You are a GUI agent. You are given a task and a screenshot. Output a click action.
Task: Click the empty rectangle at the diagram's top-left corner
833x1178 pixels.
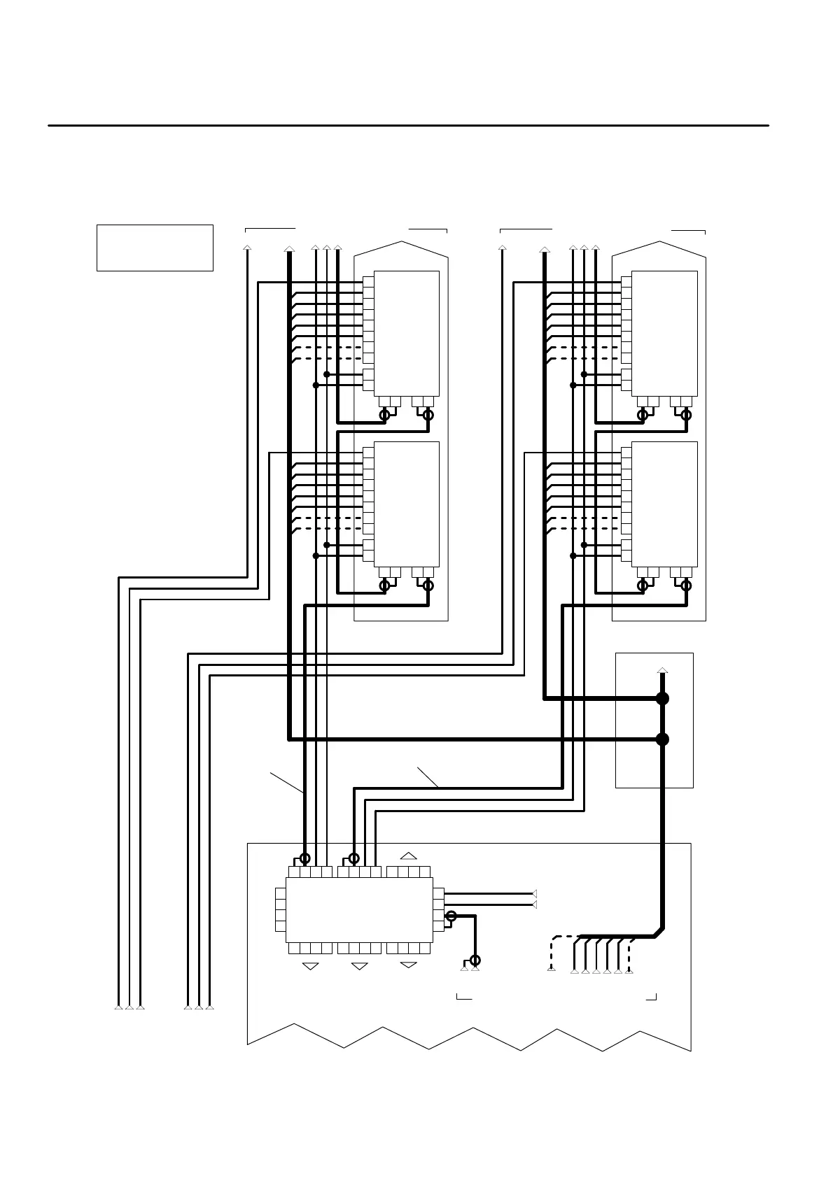coord(155,248)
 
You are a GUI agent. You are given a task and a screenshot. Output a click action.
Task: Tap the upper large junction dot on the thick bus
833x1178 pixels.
coord(662,698)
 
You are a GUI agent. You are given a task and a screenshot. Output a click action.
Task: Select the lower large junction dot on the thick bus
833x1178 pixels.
coord(662,739)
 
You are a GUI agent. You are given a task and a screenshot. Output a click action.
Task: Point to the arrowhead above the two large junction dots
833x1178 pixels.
coord(662,671)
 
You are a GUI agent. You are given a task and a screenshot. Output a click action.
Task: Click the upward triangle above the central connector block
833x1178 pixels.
coord(409,855)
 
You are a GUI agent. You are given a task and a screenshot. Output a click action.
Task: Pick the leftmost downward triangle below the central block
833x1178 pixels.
coord(310,966)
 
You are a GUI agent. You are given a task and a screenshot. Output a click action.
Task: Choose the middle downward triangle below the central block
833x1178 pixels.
coord(359,966)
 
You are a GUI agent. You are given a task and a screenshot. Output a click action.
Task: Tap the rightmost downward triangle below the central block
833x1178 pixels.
coord(408,966)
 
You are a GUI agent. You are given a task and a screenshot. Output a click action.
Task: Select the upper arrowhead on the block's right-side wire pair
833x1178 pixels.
coord(534,893)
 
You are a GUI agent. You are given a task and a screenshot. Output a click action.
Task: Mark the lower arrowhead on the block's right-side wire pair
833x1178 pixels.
coord(534,904)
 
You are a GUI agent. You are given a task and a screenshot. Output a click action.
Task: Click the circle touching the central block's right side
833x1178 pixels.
coord(451,916)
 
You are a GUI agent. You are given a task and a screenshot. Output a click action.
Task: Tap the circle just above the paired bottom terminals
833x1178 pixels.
coord(475,960)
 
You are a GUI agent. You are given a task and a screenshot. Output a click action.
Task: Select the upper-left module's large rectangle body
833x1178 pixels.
coord(407,333)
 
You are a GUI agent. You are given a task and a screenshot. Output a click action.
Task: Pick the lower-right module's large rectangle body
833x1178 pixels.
coord(664,504)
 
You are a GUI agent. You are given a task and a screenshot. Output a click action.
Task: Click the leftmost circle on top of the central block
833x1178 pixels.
coord(304,858)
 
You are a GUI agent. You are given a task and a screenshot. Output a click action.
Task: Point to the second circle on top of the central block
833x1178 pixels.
coord(354,858)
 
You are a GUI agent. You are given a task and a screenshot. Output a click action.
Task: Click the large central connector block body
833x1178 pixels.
coord(359,909)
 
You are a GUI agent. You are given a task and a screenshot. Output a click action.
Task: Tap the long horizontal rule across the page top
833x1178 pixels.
coord(408,126)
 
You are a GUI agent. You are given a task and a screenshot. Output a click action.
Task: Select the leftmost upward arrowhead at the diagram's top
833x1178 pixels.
coord(246,247)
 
